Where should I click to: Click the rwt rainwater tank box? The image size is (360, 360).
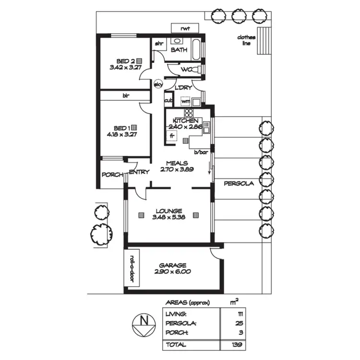(185, 29)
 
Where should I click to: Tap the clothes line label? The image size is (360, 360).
(246, 40)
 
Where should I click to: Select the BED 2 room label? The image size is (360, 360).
(125, 61)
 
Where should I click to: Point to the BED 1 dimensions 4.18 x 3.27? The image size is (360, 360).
(122, 135)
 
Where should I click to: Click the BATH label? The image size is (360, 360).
(179, 50)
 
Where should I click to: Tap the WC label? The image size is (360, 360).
(186, 70)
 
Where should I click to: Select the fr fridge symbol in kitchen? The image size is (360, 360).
(171, 136)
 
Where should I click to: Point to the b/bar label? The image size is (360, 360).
(200, 153)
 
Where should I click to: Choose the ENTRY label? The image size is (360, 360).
(139, 172)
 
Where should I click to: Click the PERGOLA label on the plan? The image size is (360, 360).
(237, 183)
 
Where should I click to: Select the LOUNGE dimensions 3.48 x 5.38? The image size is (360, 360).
(168, 217)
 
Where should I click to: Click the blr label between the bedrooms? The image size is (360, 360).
(126, 96)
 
